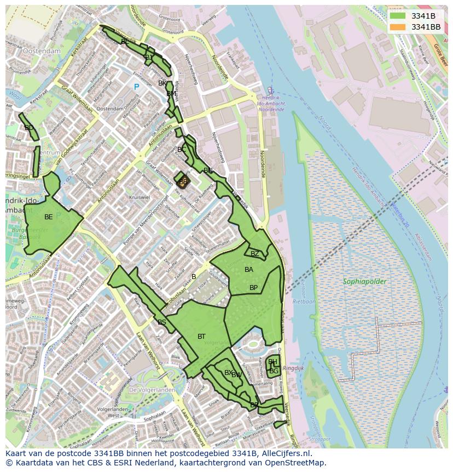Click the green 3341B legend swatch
(x=398, y=16)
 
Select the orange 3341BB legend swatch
(x=398, y=27)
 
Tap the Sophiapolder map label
(x=364, y=282)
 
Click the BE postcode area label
(x=49, y=217)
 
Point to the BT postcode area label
(x=201, y=337)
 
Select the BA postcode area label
(x=249, y=270)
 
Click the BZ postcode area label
(x=255, y=254)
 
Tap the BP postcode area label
(x=253, y=288)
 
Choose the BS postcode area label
(x=161, y=322)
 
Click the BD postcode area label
(x=29, y=128)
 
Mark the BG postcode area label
(x=274, y=371)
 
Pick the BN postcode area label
(x=208, y=170)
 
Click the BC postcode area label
(x=182, y=150)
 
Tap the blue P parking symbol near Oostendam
(x=136, y=87)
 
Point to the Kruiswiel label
(x=139, y=197)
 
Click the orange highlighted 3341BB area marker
(x=182, y=181)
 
